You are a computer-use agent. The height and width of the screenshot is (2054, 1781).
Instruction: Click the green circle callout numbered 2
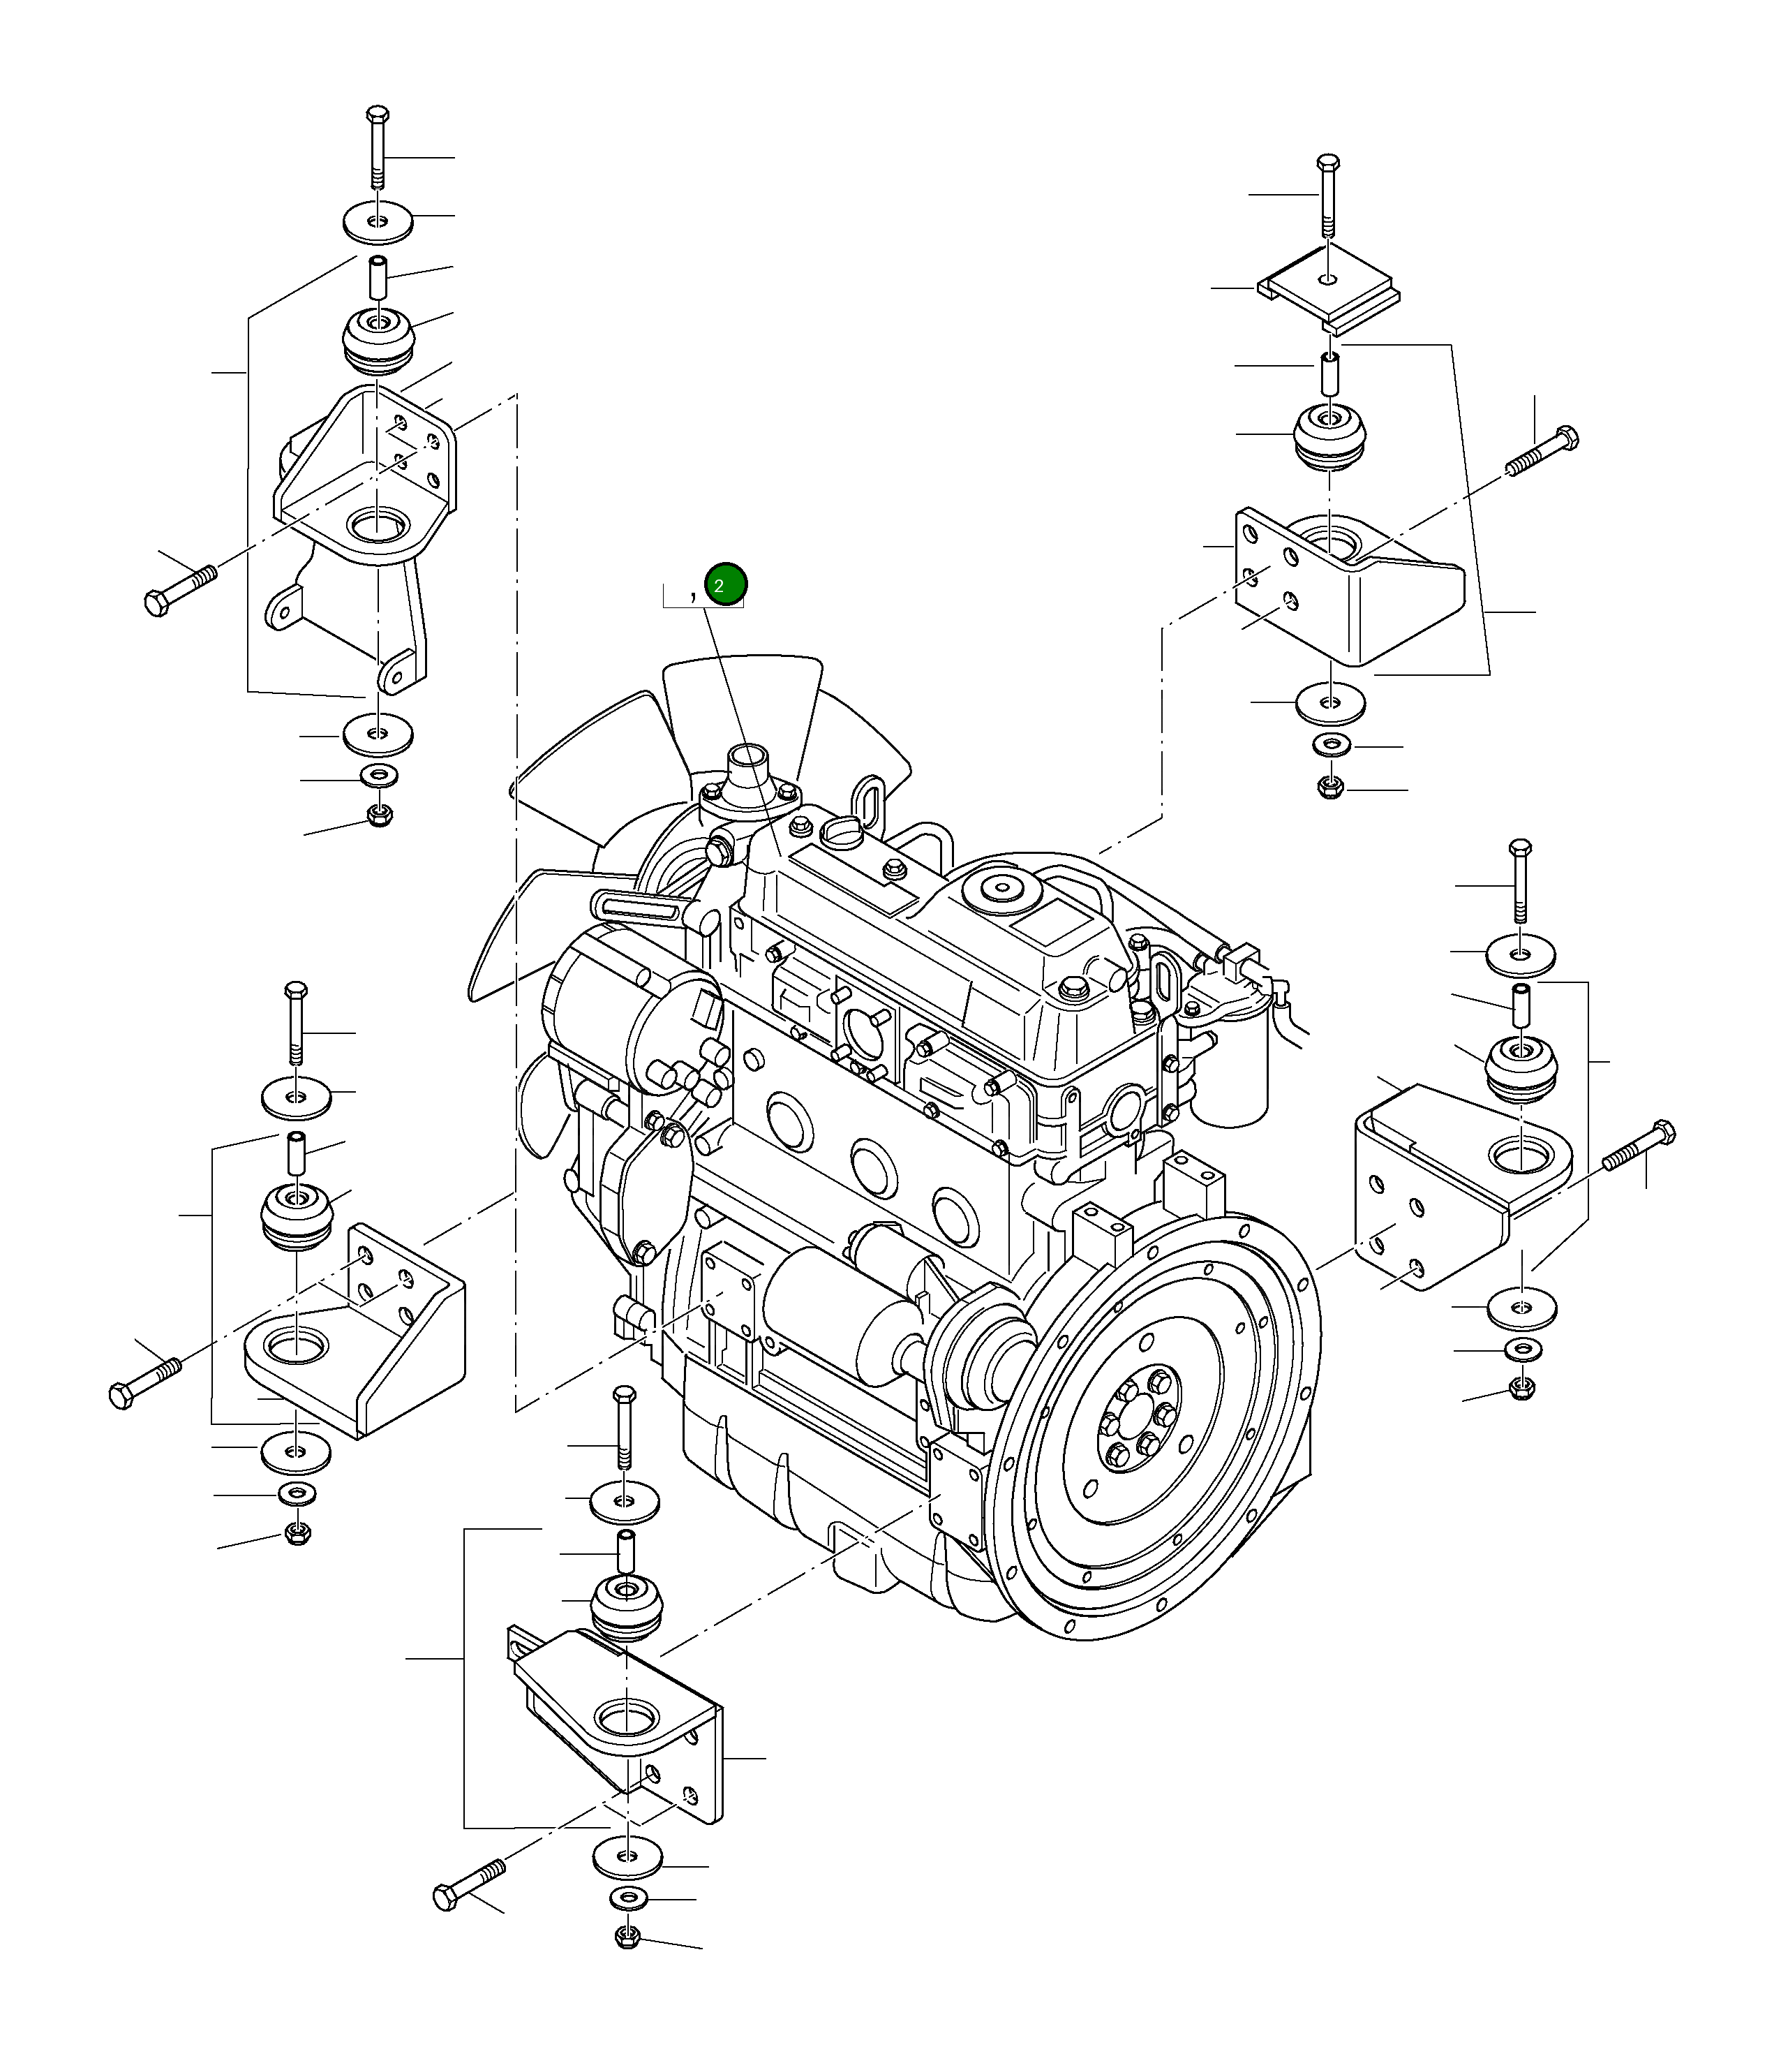pyautogui.click(x=724, y=586)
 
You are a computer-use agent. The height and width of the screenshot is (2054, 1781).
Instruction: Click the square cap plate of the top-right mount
pyautogui.click(x=1329, y=291)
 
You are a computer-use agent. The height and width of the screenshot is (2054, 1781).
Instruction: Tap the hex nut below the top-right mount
pyautogui.click(x=1329, y=788)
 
